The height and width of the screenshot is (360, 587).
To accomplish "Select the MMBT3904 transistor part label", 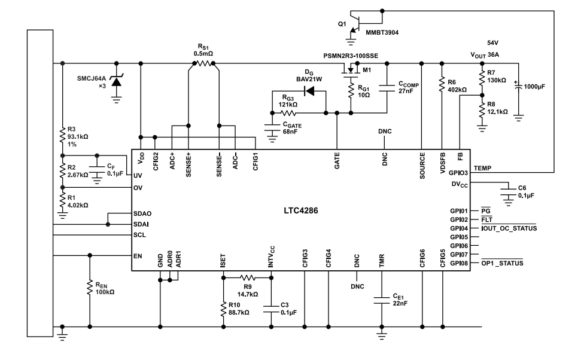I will pos(381,32).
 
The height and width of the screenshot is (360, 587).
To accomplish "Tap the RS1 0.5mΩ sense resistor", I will pos(203,62).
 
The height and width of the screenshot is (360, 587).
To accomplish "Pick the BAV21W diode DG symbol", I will pos(311,91).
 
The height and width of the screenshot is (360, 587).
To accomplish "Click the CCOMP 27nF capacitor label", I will pos(408,89).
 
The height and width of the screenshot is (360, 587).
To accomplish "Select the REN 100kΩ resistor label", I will pos(105,288).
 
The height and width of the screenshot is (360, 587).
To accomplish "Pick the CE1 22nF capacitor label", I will pos(400,300).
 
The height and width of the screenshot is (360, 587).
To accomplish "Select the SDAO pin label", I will pos(142,213).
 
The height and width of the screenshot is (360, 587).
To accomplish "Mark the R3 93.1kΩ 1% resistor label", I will pos(78,136).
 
